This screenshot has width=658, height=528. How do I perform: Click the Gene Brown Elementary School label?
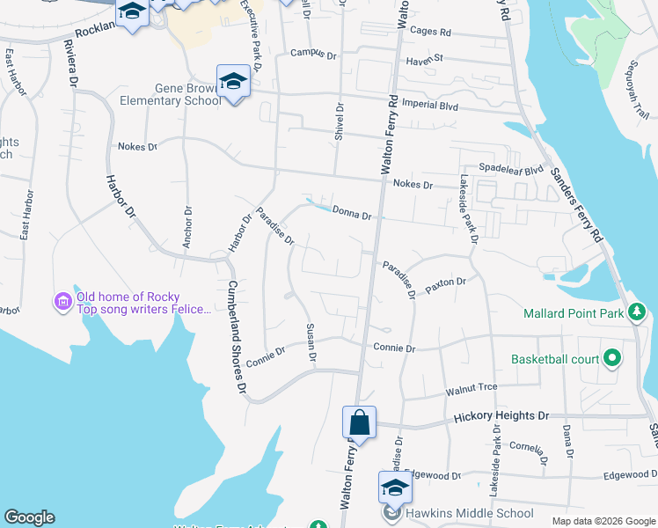[x=188, y=94]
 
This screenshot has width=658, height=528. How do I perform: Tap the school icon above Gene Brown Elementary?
[x=234, y=81]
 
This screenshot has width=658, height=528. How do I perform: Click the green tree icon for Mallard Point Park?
[x=636, y=312]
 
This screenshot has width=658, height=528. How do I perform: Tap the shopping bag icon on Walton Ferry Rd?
[x=360, y=422]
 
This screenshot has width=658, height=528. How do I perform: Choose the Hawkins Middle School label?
[x=469, y=513]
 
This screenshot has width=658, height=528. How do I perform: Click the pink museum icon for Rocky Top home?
[x=62, y=302]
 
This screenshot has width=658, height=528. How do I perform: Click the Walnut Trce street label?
[x=472, y=388]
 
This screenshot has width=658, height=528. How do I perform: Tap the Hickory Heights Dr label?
[x=501, y=415]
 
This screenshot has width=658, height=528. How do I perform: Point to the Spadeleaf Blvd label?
[x=511, y=168]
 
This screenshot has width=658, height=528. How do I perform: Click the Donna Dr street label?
[x=354, y=212]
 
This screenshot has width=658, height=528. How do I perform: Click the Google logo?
[x=29, y=517]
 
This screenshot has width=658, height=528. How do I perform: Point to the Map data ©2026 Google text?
[x=603, y=520]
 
